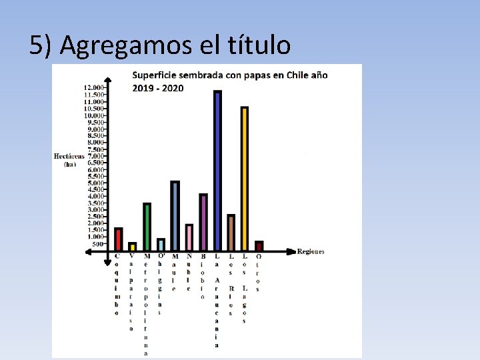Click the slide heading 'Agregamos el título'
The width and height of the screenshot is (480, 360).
[x=160, y=45]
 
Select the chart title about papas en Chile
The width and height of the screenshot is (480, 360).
[x=230, y=81]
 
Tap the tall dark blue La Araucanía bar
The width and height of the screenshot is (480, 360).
[x=217, y=170]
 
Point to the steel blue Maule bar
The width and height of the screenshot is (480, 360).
[x=175, y=215]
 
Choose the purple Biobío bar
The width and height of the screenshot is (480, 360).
[x=203, y=222]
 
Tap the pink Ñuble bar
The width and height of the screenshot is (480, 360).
[x=189, y=237]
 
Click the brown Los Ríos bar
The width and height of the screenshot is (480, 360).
[x=231, y=232]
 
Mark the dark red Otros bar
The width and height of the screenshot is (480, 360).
[x=259, y=245]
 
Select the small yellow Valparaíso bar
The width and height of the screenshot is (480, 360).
[x=133, y=246]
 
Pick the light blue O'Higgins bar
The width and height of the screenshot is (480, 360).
[x=161, y=244]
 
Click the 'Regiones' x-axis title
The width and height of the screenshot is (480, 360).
[x=311, y=251]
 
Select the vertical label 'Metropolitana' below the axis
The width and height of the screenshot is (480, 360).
[x=146, y=304]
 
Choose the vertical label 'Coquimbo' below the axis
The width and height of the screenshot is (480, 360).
[x=118, y=284]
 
